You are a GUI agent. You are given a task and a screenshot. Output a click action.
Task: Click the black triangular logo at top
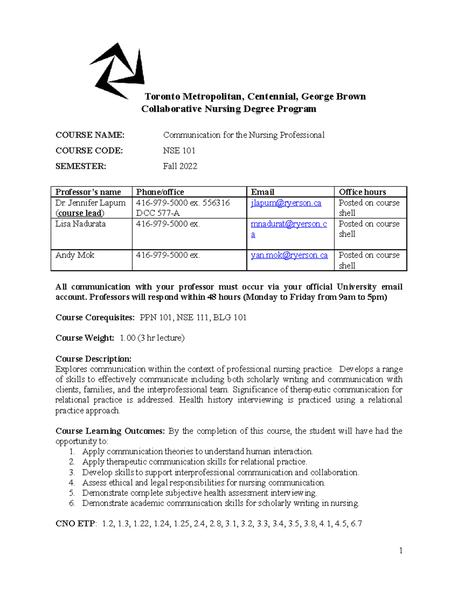[x=116, y=71]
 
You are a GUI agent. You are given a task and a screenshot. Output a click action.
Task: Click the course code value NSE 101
[x=179, y=151]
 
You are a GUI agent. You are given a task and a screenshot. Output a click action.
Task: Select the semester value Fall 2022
[x=180, y=166]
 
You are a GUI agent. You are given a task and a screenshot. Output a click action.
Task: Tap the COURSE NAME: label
[x=90, y=135]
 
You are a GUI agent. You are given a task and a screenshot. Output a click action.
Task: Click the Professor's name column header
[x=88, y=192]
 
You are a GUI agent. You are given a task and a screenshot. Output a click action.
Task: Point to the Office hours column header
[x=362, y=192]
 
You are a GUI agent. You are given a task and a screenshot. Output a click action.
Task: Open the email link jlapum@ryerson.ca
[x=286, y=203]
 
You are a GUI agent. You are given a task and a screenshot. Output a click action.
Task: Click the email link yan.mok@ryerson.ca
[x=289, y=255]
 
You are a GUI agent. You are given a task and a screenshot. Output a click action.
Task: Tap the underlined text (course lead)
[x=80, y=213]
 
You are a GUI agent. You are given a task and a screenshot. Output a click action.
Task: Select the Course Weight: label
[x=85, y=338]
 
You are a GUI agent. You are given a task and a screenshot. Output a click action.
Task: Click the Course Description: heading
[x=94, y=359]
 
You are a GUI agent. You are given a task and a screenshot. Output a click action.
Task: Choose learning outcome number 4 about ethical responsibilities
[x=203, y=483]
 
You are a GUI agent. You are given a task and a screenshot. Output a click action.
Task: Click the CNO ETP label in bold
[x=76, y=524]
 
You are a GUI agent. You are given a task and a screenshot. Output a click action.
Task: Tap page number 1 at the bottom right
[x=401, y=550]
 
